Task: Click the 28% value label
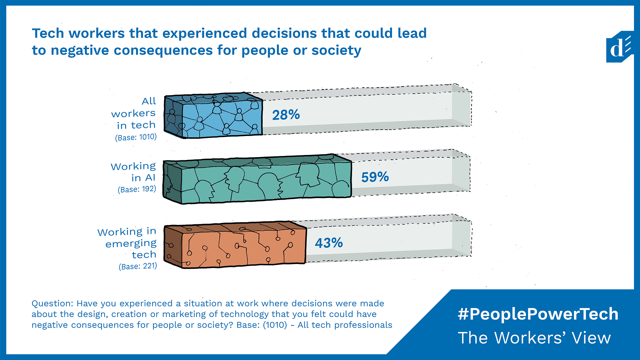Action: (x=286, y=115)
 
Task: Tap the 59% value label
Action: (x=375, y=177)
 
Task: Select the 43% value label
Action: (x=329, y=243)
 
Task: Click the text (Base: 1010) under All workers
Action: (x=136, y=137)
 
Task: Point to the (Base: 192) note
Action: (x=137, y=189)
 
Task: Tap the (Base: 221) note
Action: (x=138, y=266)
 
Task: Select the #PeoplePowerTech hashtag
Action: (x=538, y=314)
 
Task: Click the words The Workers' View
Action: (x=534, y=338)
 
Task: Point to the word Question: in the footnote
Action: (x=52, y=304)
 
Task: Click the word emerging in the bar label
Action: (x=131, y=244)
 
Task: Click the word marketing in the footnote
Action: (x=184, y=314)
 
